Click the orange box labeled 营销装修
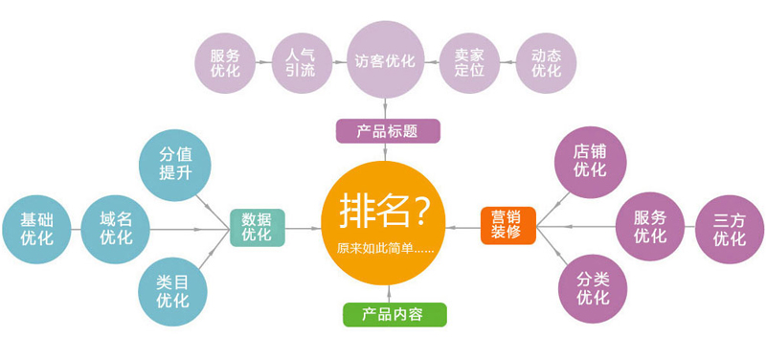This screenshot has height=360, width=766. click(507, 224)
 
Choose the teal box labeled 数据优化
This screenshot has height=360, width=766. click(257, 227)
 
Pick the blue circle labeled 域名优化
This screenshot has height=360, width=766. click(116, 228)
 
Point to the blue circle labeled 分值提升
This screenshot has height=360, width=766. click(174, 164)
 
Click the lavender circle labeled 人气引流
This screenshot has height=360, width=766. click(300, 62)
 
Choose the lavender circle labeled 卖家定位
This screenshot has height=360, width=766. click(469, 62)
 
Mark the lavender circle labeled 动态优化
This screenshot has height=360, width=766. click(546, 62)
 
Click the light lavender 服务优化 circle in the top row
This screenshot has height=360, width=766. click(225, 62)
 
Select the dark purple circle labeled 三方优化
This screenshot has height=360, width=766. click(730, 228)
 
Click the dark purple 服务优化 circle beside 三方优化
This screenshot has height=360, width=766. click(650, 227)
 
